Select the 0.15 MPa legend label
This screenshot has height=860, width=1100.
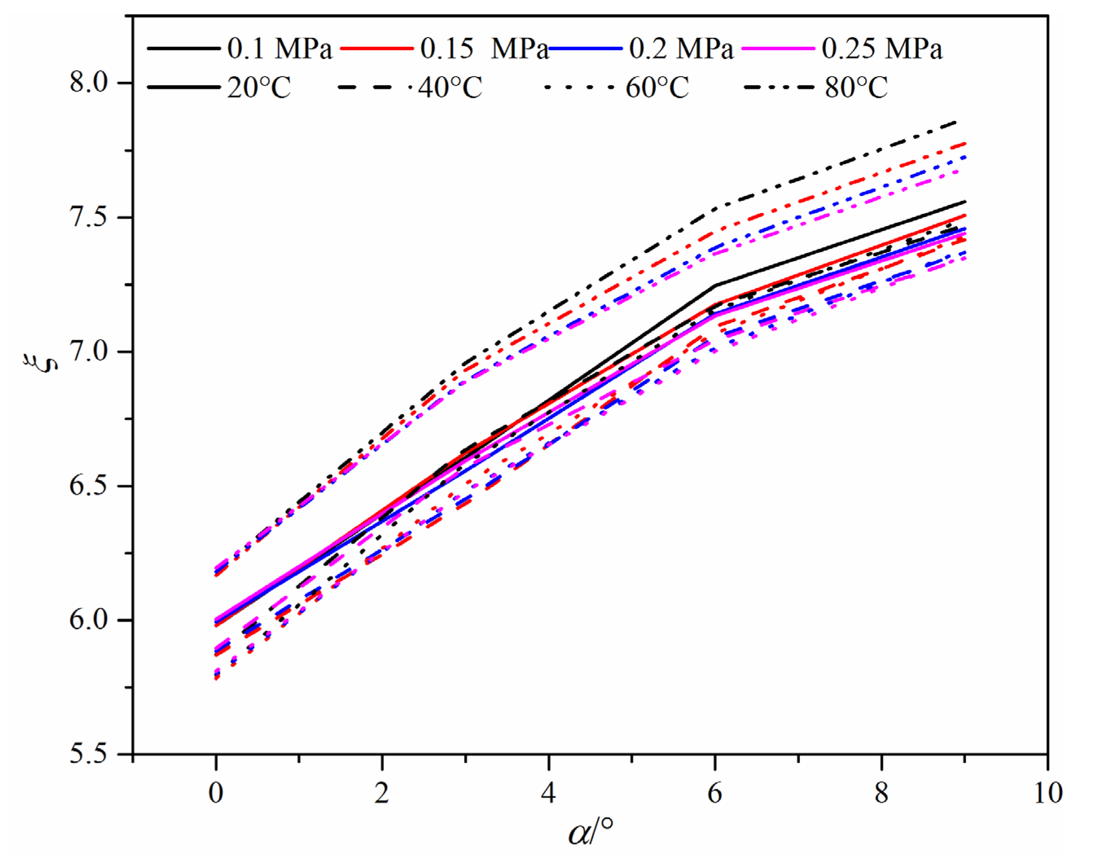[484, 49]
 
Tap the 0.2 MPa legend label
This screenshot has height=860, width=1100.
[681, 49]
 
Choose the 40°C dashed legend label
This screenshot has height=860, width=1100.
[450, 88]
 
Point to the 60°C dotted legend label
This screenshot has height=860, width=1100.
[657, 88]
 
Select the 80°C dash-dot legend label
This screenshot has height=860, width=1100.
[856, 88]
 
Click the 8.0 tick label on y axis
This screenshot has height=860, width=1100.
[90, 82]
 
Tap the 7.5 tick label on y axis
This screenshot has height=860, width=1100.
[90, 217]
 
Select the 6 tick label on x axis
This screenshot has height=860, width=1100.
[715, 794]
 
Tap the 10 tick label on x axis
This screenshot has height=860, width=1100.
[1047, 794]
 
